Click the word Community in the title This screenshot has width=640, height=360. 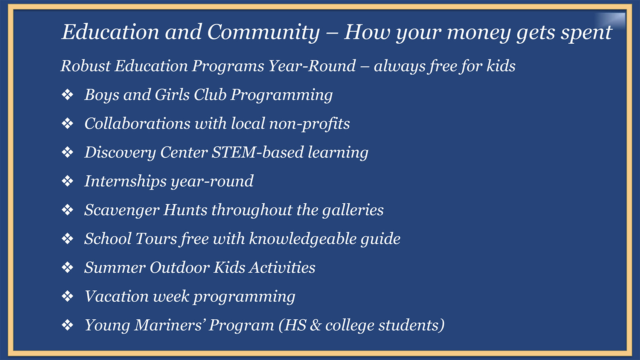264,32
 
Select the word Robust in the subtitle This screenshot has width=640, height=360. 85,66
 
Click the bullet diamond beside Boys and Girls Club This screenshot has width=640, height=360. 67,95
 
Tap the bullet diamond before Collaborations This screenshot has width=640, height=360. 67,124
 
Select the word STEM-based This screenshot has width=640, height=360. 258,152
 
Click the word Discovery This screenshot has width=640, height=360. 120,153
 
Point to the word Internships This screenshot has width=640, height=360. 125,182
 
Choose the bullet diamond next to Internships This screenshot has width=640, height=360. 67,181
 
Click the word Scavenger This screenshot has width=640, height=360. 122,210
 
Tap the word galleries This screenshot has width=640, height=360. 353,210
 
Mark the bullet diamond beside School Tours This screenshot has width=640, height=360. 67,239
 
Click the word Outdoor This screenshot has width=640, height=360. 180,268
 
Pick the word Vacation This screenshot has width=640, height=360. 117,296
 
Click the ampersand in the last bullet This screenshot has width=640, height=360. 315,325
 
